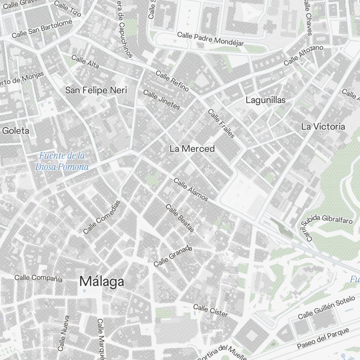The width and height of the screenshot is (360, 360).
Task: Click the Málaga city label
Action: (102, 282)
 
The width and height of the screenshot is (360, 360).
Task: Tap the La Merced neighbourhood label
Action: (192, 149)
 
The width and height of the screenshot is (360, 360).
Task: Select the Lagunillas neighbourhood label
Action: (265, 100)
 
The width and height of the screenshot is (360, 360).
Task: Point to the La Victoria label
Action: (323, 127)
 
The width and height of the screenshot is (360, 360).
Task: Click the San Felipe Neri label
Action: (96, 90)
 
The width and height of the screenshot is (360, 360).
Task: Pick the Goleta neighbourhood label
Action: (15, 131)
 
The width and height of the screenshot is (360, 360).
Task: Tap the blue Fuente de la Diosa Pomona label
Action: (62, 161)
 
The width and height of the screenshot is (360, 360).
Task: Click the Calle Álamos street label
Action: (191, 189)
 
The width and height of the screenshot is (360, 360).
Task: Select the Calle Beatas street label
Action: (180, 218)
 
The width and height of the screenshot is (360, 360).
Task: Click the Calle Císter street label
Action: (211, 311)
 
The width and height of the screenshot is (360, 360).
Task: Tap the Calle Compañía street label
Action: (39, 278)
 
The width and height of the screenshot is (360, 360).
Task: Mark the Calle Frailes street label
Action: (221, 123)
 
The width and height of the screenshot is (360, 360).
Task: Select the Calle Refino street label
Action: (172, 81)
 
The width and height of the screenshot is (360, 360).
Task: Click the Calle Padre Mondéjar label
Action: (211, 39)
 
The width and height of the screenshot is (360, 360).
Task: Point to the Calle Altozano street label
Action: (303, 55)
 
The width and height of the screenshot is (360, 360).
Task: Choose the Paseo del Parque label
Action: (323, 338)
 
